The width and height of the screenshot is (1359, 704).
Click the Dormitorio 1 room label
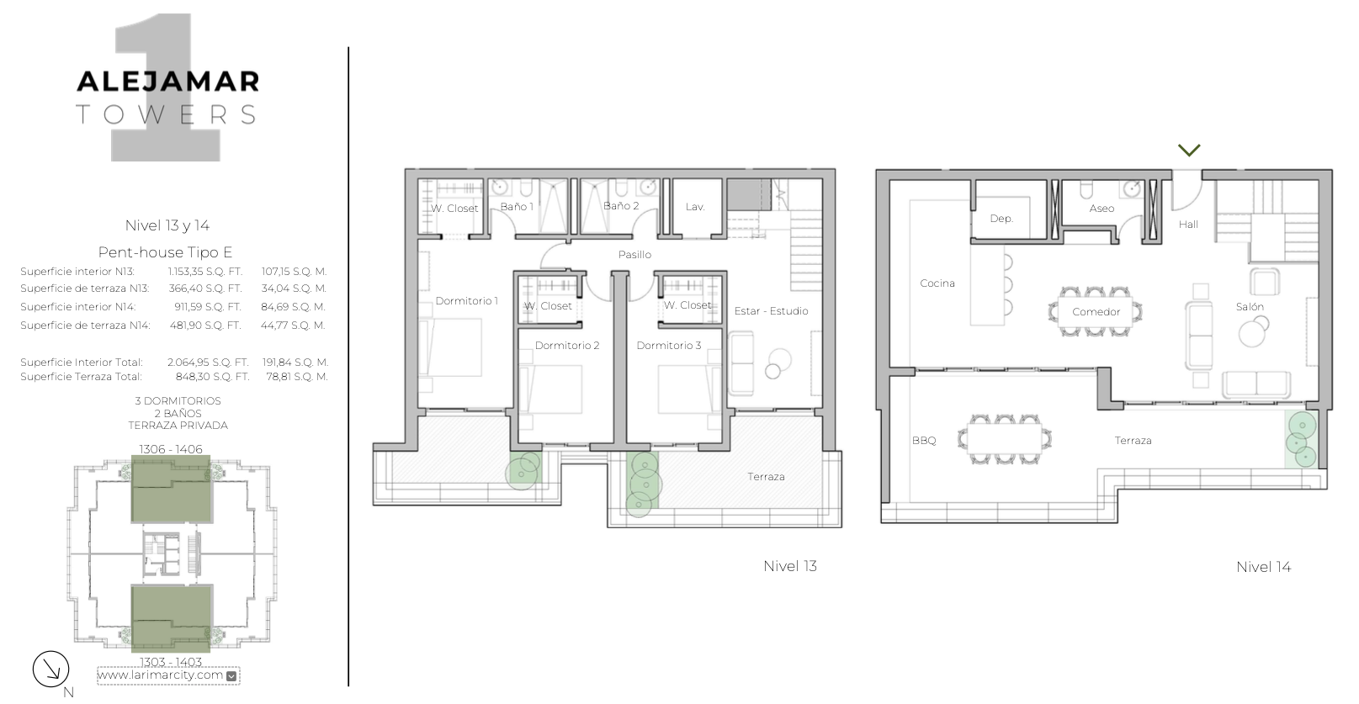pos(466,301)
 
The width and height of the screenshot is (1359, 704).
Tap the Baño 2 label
pos(621,206)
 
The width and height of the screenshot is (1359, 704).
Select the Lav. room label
pos(695,207)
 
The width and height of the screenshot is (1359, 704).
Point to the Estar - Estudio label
pos(771,311)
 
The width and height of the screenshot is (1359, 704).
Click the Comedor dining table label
pos(1096,312)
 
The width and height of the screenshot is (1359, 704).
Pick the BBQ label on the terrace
pos(924,440)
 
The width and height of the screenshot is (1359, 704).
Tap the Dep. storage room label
pos(1001,219)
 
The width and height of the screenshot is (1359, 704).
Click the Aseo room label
pos(1102,209)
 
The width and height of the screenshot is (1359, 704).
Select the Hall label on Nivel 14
pos(1188,225)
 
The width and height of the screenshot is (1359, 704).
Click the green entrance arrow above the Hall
pos(1189,150)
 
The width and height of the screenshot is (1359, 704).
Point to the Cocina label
pos(937,283)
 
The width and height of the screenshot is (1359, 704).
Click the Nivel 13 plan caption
pos(790,566)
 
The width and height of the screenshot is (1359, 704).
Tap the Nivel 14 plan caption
pos(1264,567)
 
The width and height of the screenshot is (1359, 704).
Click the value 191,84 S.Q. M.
pos(295,362)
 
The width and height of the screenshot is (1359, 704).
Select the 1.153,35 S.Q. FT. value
pos(205,272)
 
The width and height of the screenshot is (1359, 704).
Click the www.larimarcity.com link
pos(161,675)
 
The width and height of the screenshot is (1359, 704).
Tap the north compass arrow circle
pos(51,670)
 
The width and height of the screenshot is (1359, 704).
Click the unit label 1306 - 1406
pos(171,449)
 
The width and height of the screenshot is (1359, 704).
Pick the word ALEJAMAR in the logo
pos(168,82)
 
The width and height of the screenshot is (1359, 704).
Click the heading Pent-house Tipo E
pos(165,252)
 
